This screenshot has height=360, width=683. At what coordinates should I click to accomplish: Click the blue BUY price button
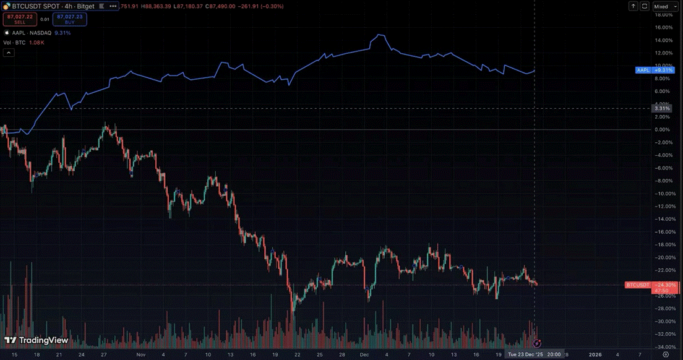(70, 19)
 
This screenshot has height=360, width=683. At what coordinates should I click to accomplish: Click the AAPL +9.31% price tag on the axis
(655, 71)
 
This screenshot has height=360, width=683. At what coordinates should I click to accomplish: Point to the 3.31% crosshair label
(661, 108)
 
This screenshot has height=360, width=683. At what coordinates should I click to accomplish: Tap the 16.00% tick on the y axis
(663, 27)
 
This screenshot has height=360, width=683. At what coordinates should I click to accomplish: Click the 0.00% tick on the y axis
(663, 129)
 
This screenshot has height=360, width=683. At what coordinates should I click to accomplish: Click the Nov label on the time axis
(141, 354)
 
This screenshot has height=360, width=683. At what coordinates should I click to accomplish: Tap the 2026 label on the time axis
(595, 354)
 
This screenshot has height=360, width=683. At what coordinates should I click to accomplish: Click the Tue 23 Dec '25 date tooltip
(534, 354)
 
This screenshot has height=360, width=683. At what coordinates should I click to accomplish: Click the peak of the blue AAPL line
(379, 35)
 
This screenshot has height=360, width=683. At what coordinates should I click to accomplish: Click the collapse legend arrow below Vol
(9, 53)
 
